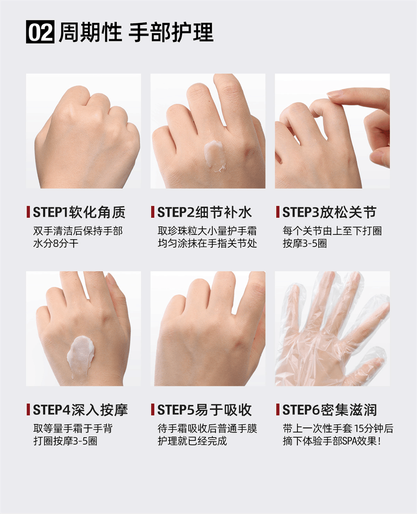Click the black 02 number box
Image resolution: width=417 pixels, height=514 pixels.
[x=40, y=32]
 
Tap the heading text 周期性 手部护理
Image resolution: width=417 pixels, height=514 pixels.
[x=136, y=32]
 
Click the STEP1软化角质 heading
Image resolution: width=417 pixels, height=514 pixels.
[x=79, y=212]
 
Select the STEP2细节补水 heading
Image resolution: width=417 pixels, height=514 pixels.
[x=204, y=212]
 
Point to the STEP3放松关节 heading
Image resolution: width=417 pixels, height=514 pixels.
[x=329, y=212]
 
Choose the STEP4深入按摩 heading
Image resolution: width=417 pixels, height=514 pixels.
[x=80, y=410]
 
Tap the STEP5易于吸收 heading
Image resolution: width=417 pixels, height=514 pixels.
[x=204, y=410]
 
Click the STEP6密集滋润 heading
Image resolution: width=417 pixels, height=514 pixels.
[x=329, y=410]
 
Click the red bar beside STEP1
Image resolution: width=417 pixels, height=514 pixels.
[x=28, y=212]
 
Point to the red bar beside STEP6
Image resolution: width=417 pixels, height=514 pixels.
[x=278, y=410]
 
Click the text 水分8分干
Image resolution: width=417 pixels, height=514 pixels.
[x=56, y=244]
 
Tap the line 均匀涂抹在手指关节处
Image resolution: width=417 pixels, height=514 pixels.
[x=207, y=244]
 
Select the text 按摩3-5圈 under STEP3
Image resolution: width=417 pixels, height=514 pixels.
[x=305, y=244]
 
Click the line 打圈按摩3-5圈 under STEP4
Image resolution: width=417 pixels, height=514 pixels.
[x=65, y=441]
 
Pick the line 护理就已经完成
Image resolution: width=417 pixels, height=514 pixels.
[x=192, y=441]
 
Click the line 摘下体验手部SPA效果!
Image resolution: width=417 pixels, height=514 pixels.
[x=332, y=441]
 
